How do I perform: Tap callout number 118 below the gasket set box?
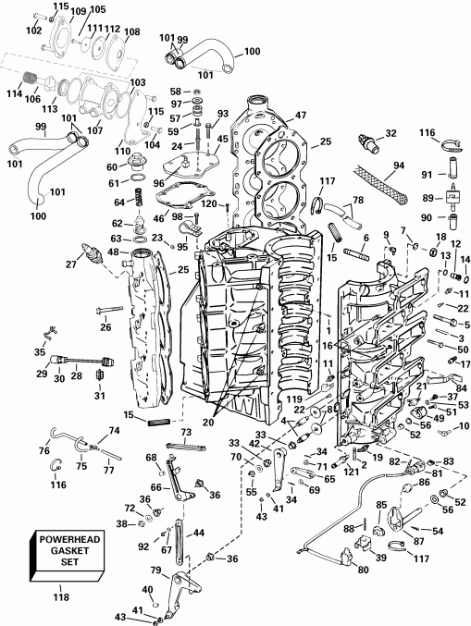[x=62, y=598]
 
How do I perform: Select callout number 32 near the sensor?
[x=390, y=134]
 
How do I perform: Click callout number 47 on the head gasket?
[x=301, y=116]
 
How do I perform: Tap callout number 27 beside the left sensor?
[x=69, y=264]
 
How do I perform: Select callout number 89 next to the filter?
[x=428, y=197]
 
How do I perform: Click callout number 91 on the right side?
[x=428, y=175]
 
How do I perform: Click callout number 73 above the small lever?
[x=186, y=432]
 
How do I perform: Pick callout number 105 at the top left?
[x=98, y=9]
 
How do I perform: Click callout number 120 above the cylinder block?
[x=208, y=203]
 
